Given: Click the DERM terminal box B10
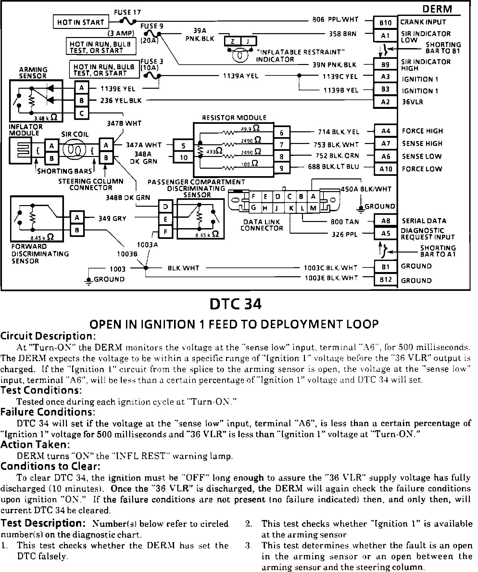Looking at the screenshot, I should (x=385, y=23).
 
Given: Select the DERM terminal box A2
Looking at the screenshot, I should (x=385, y=102).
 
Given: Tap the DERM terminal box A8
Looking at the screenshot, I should (x=385, y=221).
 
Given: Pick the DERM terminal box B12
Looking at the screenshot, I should (x=385, y=280).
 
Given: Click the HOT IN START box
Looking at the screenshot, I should (x=81, y=22).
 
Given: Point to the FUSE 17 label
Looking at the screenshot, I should (x=127, y=12).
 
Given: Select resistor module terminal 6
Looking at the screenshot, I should (x=282, y=133).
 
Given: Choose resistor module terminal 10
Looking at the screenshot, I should (x=183, y=158).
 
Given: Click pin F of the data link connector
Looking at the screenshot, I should (x=254, y=197).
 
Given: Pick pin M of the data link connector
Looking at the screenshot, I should (x=313, y=208).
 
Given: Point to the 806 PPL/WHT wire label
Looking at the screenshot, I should (x=335, y=19).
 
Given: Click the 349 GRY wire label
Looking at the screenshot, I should (x=112, y=218).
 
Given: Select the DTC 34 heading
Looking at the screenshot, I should (x=235, y=304).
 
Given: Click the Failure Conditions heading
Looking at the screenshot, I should (x=48, y=412).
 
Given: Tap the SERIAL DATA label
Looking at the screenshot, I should (x=424, y=221).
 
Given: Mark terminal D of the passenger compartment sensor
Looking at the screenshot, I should (x=166, y=206).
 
